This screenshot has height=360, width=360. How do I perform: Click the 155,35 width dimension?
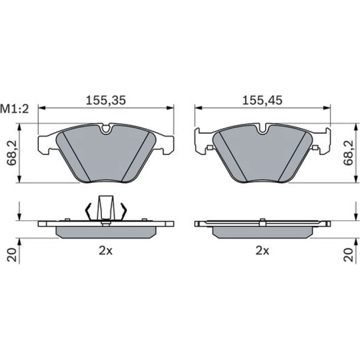(106, 101)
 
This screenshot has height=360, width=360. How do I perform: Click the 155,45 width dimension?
(262, 101)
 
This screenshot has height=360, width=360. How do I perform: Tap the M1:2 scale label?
(14, 109)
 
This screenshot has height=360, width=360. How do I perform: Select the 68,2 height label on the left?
(12, 153)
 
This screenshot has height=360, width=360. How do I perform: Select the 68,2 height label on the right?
(348, 153)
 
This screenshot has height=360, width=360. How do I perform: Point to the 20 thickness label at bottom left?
(12, 255)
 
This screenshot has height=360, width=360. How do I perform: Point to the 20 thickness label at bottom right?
(348, 255)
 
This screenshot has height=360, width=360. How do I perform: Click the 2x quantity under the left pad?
(106, 251)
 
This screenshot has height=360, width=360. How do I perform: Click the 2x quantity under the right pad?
(262, 251)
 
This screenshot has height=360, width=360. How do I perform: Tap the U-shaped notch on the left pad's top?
(106, 129)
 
